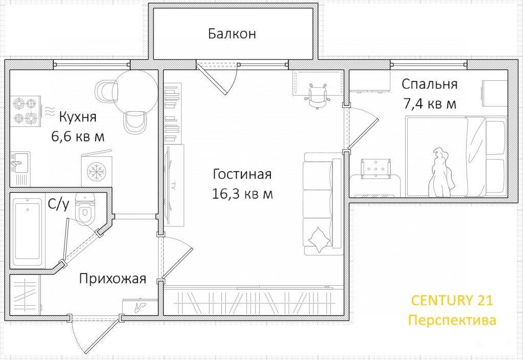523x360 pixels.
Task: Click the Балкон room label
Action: (232, 34)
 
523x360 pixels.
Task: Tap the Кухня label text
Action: (78, 117)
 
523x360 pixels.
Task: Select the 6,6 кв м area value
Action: (78, 136)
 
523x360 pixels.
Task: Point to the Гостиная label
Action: (242, 174)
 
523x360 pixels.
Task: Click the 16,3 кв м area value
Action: (242, 194)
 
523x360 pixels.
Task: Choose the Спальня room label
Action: (430, 84)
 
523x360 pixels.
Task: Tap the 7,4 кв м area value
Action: (430, 103)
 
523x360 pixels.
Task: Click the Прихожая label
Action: (113, 279)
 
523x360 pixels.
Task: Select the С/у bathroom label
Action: (59, 204)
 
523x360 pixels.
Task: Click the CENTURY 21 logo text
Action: (452, 300)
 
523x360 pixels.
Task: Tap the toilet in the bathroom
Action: (85, 209)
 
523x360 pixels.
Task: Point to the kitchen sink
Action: (20, 163)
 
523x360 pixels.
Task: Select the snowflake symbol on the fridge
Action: (96, 172)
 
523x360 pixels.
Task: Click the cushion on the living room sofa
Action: (318, 239)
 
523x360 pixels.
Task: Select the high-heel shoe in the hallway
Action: (140, 307)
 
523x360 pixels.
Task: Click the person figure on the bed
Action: (441, 173)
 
